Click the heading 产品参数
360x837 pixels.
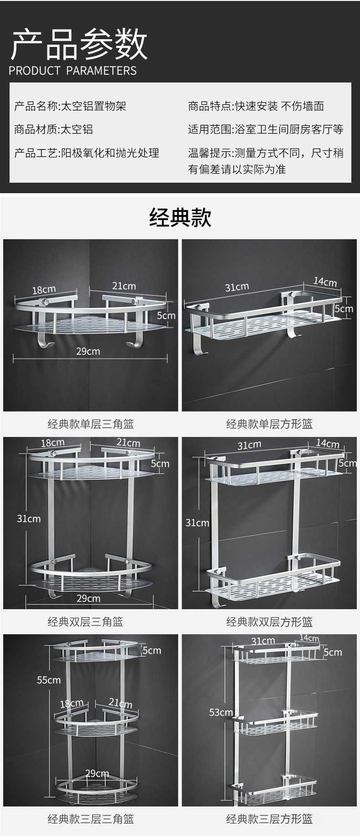[x=79, y=44]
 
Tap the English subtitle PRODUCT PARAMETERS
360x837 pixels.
[x=72, y=71]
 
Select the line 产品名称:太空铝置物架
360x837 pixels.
[x=70, y=106]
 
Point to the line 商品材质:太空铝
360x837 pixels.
[x=53, y=129]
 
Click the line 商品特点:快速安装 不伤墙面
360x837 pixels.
[x=256, y=106]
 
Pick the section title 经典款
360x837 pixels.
[x=180, y=217]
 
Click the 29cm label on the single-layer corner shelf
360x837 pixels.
[x=88, y=351]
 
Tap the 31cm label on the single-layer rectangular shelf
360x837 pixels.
[x=237, y=287]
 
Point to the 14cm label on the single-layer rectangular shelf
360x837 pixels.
[x=325, y=282]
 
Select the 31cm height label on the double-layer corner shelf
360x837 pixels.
[x=29, y=519]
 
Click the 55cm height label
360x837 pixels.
[x=49, y=680]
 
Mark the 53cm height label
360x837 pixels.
[x=221, y=712]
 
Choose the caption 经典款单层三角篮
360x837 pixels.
[x=91, y=424]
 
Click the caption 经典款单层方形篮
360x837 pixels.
[x=269, y=424]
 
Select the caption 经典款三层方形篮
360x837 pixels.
[x=269, y=819]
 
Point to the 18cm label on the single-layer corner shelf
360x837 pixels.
[x=44, y=290]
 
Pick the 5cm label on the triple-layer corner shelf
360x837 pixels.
[x=152, y=650]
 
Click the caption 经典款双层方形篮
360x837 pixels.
[x=269, y=622]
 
